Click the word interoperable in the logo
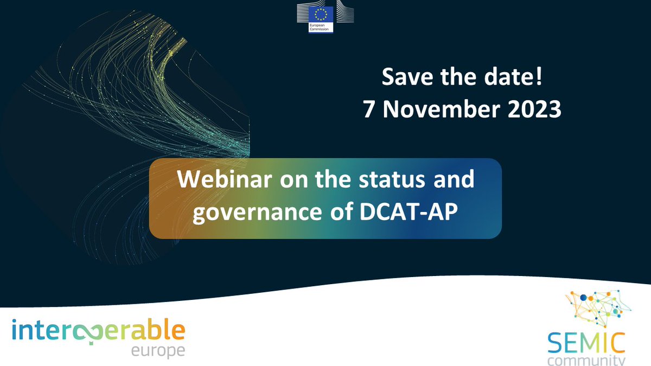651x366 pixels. tap(98, 329)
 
